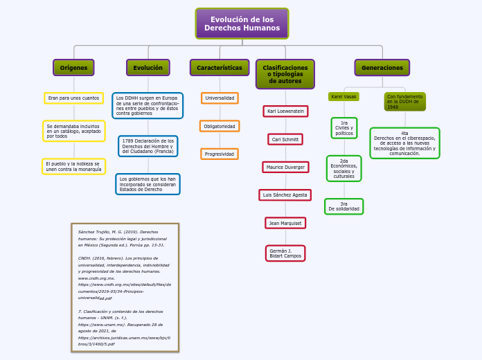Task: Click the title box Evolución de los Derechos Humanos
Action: click(242, 24)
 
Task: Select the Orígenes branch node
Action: click(73, 68)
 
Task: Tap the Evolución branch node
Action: click(148, 68)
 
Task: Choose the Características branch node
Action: click(220, 68)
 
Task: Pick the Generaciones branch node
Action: click(382, 68)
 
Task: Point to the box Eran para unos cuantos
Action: click(73, 98)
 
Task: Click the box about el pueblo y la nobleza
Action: click(73, 166)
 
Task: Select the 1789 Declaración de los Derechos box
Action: click(148, 146)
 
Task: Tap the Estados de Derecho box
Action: click(148, 183)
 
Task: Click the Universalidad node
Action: click(220, 98)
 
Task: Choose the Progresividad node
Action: click(220, 154)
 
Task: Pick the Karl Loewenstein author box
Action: click(285, 111)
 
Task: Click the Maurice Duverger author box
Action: click(285, 167)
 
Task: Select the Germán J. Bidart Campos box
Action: click(285, 253)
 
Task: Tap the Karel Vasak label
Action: click(343, 97)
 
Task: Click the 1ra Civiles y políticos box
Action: click(343, 127)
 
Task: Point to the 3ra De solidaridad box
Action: click(343, 206)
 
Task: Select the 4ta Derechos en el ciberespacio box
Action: click(404, 143)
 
